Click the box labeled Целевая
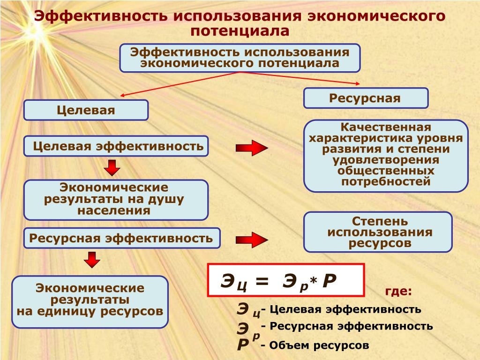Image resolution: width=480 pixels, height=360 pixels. [86, 110]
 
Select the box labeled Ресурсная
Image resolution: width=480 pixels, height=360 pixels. [366, 98]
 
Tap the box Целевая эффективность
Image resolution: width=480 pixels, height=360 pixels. [116, 146]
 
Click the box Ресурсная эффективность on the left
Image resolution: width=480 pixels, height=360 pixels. [122, 238]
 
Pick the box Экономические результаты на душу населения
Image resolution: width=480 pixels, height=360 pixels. [116, 200]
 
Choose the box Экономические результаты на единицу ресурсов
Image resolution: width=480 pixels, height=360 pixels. [90, 302]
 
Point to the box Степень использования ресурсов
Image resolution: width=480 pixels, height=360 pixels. [378, 232]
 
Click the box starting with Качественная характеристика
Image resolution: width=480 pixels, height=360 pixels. [386, 156]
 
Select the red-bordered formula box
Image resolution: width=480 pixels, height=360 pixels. [286, 280]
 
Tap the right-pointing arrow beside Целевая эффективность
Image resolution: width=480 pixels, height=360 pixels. [252, 148]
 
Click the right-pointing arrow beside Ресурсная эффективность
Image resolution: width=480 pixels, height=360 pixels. [252, 240]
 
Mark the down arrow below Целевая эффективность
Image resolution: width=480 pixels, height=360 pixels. [112, 168]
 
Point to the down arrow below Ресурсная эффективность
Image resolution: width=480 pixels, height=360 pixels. [92, 260]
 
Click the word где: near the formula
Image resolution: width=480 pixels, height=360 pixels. [398, 291]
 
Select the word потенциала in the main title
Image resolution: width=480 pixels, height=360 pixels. [240, 31]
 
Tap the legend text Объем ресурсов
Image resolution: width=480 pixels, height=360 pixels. [319, 345]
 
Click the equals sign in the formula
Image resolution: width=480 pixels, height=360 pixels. [262, 281]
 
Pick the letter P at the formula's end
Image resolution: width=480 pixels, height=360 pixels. [330, 280]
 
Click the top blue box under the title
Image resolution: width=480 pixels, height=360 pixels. [240, 58]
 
